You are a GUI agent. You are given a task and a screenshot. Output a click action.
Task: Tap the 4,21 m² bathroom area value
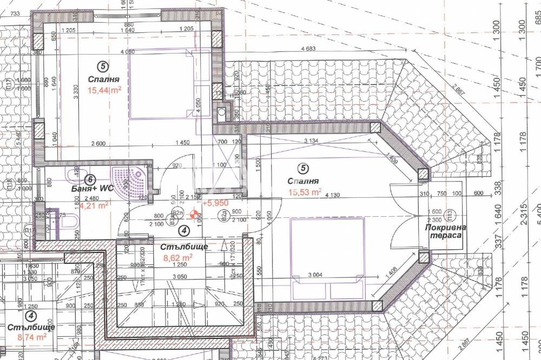[94, 205]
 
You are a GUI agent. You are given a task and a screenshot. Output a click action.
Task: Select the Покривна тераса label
[445, 232]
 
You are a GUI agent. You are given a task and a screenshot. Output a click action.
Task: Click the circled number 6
[91, 179]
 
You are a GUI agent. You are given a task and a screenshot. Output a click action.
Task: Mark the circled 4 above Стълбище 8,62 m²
[184, 230]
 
